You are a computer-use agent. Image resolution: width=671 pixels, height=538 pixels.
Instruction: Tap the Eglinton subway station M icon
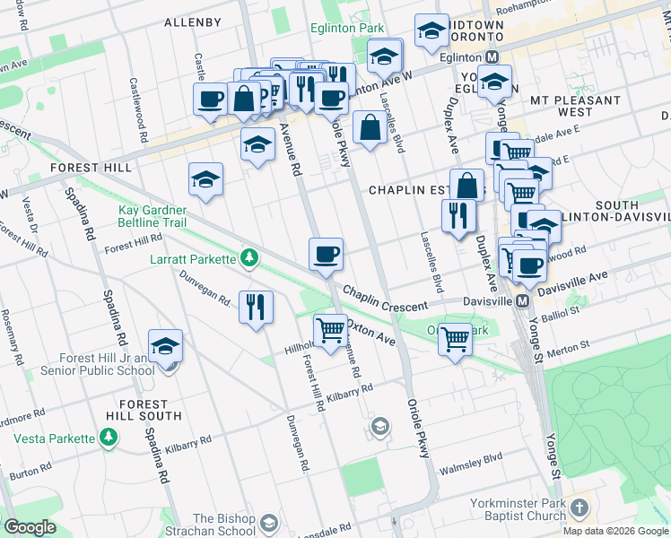(x=492, y=56)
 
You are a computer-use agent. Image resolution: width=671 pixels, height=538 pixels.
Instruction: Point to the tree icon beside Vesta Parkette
(x=109, y=438)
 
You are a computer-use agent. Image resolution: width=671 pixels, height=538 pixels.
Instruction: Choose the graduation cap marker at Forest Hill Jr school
(x=165, y=347)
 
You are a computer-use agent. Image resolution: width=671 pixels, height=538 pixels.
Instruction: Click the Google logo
(x=30, y=527)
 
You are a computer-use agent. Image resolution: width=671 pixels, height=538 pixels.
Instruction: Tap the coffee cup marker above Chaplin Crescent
(x=327, y=254)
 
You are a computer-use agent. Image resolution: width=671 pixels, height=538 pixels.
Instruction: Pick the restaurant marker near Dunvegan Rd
(x=256, y=308)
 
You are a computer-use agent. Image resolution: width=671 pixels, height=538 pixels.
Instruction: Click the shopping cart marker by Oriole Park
(x=456, y=340)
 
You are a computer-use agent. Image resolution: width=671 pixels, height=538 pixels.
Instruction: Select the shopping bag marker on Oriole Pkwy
(x=370, y=128)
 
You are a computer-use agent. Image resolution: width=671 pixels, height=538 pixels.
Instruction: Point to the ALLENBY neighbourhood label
(x=193, y=22)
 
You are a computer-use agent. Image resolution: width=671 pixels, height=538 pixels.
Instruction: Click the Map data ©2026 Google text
(x=614, y=531)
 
